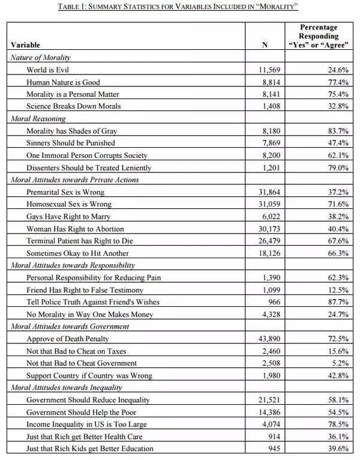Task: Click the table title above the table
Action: click(180, 7)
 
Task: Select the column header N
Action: click(264, 45)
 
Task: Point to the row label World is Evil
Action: click(49, 70)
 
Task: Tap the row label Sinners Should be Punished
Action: click(71, 143)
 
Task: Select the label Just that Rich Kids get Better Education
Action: click(90, 449)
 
